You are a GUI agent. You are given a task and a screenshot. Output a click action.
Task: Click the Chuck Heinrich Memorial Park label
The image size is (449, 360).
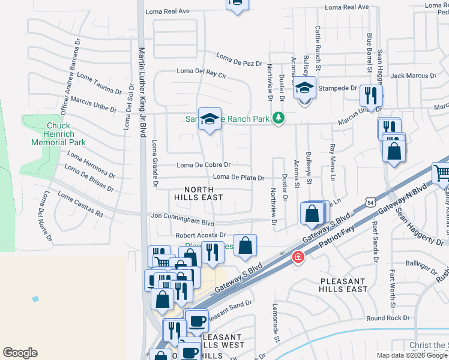point(59,134)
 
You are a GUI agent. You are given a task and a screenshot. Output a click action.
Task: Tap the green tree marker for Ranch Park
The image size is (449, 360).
point(277,118)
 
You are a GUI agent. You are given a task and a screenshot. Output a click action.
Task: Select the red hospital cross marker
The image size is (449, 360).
point(297,257)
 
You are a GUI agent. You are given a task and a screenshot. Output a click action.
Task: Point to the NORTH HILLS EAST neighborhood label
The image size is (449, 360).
point(199,193)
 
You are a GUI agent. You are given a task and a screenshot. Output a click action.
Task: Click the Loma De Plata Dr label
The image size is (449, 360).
point(239,178)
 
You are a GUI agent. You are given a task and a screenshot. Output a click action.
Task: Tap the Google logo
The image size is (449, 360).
point(20,353)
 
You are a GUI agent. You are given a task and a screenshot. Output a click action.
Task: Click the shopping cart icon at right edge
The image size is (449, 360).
point(441,173)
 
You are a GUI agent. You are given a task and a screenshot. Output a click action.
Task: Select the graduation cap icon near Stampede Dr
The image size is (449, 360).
point(304,88)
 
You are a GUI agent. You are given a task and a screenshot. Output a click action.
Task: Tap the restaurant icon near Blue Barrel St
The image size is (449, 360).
point(371,95)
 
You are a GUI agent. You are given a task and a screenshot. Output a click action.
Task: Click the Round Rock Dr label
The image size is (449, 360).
point(387,318)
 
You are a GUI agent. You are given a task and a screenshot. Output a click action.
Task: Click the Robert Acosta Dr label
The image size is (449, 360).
point(200,235)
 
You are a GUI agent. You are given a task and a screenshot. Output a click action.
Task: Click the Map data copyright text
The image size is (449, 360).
point(412,355)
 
